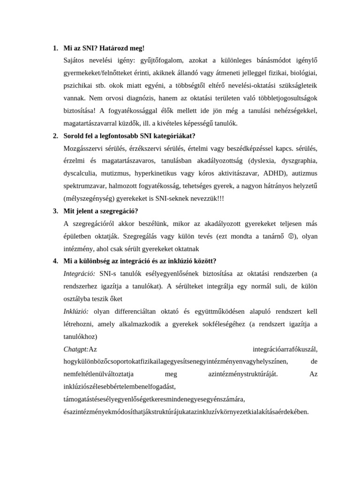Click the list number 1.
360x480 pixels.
[x=55, y=48]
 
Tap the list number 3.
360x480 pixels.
[x=55, y=211]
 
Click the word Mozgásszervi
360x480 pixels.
[x=83, y=149]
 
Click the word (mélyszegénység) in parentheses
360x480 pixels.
[x=92, y=198]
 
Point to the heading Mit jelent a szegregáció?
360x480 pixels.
[x=101, y=211]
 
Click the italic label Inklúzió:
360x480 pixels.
[x=76, y=311]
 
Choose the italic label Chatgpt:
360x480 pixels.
[x=76, y=349]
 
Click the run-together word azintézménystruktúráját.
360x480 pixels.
[x=243, y=374]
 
